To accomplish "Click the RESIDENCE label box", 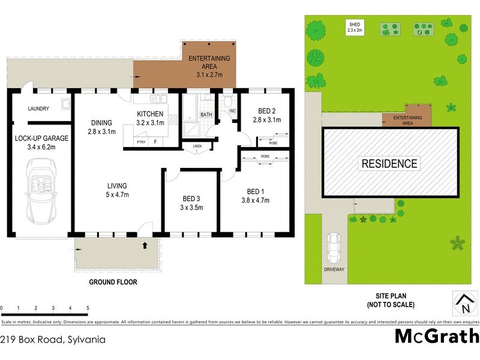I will coord(389,163).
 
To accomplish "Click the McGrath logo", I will coord(436,336).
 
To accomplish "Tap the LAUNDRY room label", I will coord(38,109).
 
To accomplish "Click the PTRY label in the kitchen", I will coord(141,142).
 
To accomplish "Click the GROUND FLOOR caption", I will coord(113,282).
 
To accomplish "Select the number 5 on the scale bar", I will coord(88,308).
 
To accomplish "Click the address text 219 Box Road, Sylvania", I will coord(53,339).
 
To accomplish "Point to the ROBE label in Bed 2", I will coord(273,143).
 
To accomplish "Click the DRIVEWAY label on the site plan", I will coord(334,269).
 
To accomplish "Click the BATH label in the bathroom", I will coord(206,115).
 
